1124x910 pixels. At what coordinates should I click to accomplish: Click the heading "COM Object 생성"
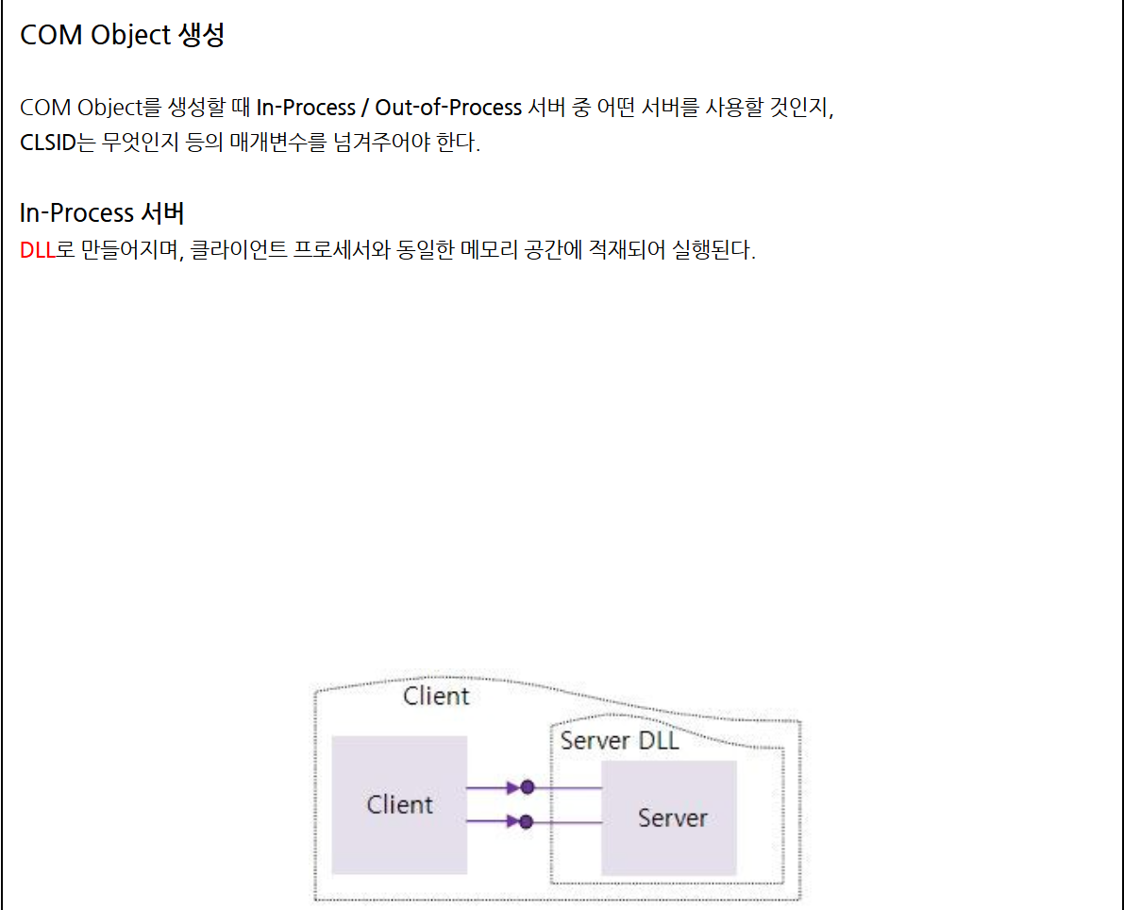[122, 36]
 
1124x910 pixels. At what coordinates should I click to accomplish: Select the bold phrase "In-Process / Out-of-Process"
[389, 108]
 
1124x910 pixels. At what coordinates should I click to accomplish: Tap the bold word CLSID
[47, 144]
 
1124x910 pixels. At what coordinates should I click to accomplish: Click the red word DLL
[38, 252]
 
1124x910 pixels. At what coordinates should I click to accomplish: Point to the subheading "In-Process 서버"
[102, 212]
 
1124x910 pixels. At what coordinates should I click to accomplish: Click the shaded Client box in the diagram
[399, 804]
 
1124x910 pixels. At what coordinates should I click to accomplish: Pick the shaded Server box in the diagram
[669, 817]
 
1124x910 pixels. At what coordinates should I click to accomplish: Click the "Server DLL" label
[619, 741]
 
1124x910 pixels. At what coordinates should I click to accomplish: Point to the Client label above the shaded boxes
[436, 697]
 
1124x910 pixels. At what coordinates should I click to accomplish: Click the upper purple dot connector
[527, 786]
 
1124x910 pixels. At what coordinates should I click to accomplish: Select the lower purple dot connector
[527, 821]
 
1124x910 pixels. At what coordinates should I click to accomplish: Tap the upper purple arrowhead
[512, 786]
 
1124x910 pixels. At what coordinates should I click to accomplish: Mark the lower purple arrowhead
[512, 821]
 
